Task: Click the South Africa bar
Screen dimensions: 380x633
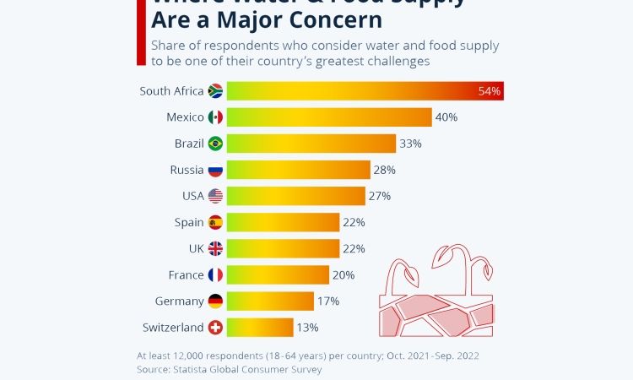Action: click(x=365, y=91)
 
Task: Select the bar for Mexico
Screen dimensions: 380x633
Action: click(x=329, y=117)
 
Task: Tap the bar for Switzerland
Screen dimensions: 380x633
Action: click(x=260, y=327)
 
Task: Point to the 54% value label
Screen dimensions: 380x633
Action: click(x=490, y=91)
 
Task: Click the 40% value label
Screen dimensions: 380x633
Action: click(x=446, y=117)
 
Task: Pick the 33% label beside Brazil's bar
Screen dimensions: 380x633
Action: click(x=410, y=144)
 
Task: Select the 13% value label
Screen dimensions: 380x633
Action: click(x=307, y=327)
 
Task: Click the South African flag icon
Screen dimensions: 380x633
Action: click(x=215, y=91)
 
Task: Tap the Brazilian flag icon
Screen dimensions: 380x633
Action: click(x=215, y=144)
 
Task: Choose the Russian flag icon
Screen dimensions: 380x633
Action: click(x=215, y=170)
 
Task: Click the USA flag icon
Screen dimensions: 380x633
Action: click(x=215, y=196)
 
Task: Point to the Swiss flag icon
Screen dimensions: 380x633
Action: click(x=215, y=327)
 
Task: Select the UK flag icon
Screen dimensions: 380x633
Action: click(x=215, y=248)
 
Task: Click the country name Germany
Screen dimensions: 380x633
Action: click(x=179, y=301)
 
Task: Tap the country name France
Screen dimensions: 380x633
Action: click(x=186, y=274)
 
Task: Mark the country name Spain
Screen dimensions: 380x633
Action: click(x=188, y=222)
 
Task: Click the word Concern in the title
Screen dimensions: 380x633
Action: click(x=325, y=18)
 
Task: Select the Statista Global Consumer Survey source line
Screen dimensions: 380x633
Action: click(x=229, y=369)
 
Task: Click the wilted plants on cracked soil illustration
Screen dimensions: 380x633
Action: click(x=435, y=291)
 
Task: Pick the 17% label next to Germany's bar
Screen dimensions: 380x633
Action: click(x=328, y=301)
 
